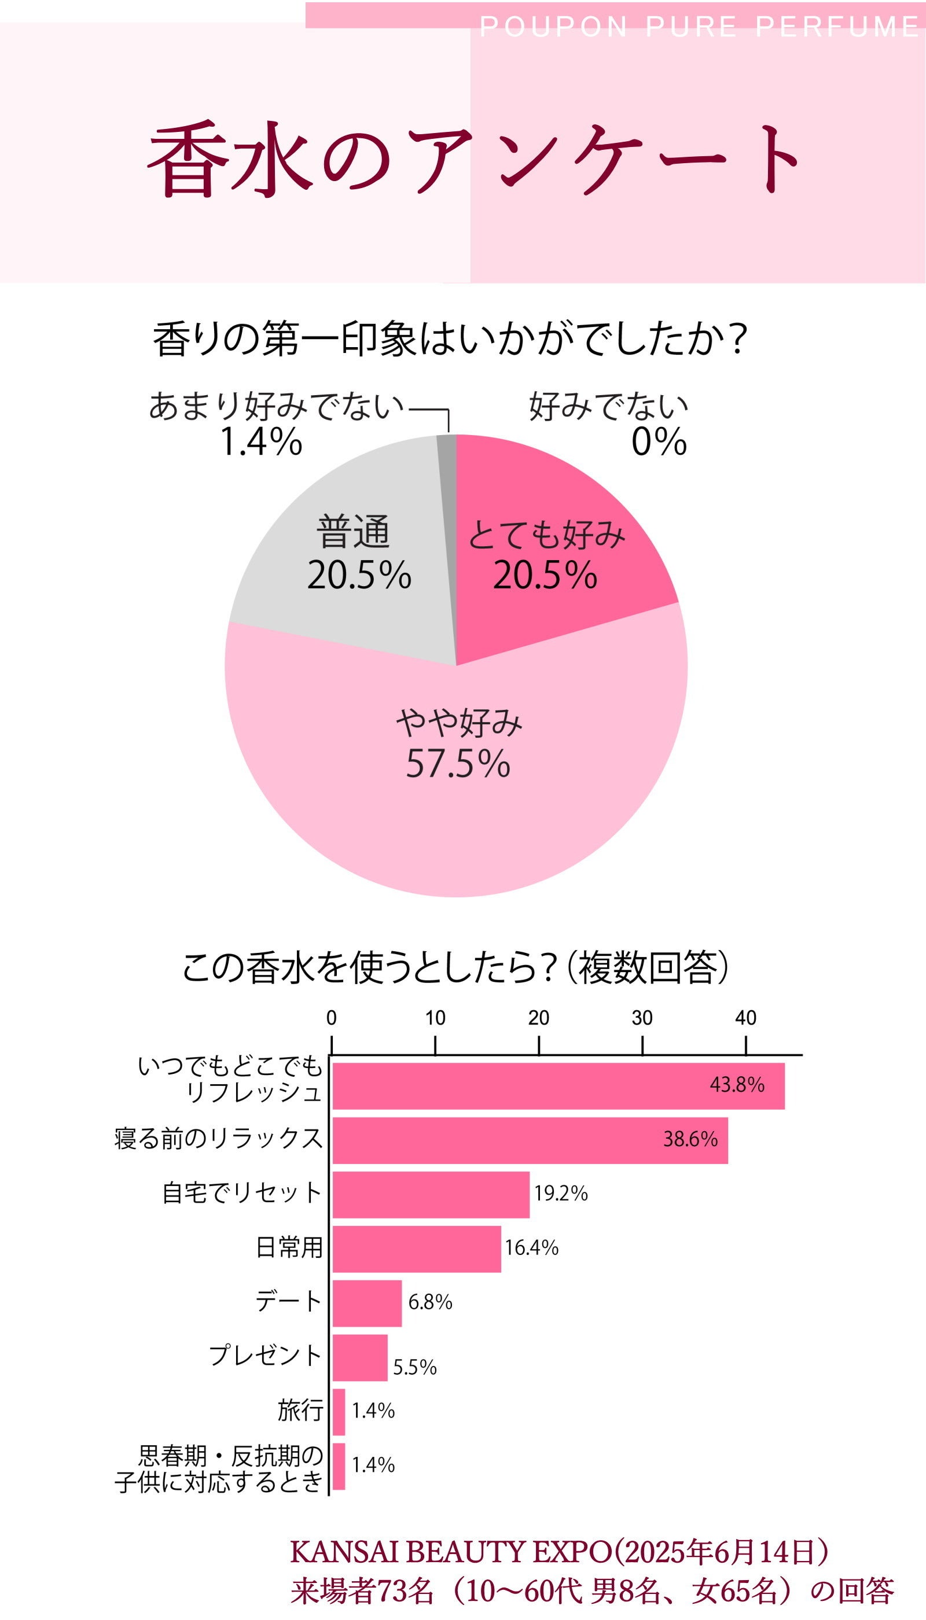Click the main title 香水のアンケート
point(474,159)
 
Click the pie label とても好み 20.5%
point(546,554)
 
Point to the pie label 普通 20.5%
point(358,553)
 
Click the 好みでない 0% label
point(608,424)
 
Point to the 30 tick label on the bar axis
point(642,1018)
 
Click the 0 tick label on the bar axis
point(332,1018)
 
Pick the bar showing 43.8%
point(558,1086)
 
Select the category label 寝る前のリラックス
point(218,1138)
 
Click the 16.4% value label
point(532,1247)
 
